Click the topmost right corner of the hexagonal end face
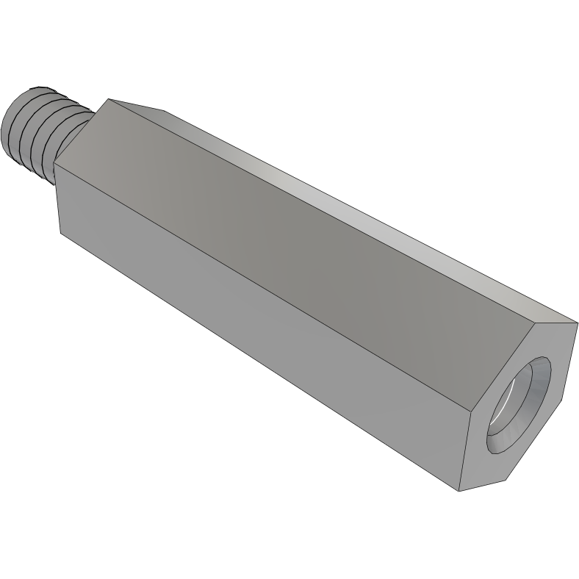click(x=578, y=323)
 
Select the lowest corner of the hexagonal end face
click(x=460, y=491)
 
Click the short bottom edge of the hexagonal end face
click(x=483, y=486)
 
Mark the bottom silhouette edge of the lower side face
click(x=257, y=363)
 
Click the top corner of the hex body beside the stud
click(x=109, y=99)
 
